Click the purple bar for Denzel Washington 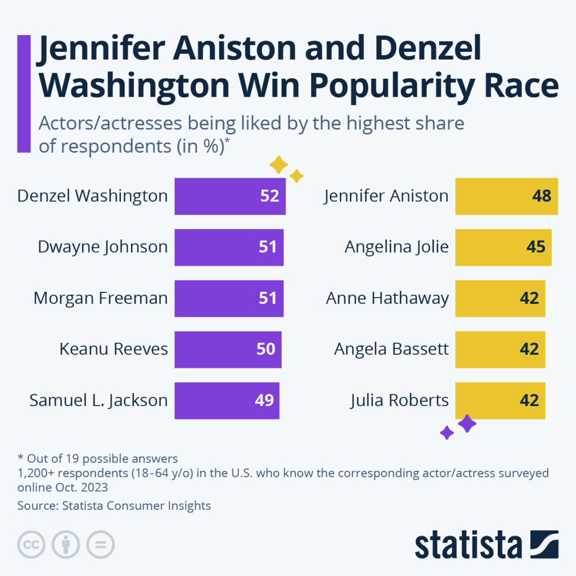click(229, 196)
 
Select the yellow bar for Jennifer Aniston click(506, 196)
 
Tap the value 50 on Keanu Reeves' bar click(265, 349)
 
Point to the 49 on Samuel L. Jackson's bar click(263, 400)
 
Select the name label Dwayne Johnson click(102, 247)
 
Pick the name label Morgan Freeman click(100, 298)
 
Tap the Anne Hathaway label click(387, 298)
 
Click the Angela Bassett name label click(391, 349)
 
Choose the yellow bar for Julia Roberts click(499, 400)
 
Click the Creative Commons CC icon click(31, 544)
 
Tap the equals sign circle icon click(100, 544)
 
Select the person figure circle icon click(66, 544)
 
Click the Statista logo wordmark click(468, 544)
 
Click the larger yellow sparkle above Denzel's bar click(278, 165)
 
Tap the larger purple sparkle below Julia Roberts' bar click(467, 424)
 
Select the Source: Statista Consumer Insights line click(114, 506)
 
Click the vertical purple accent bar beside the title click(24, 93)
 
